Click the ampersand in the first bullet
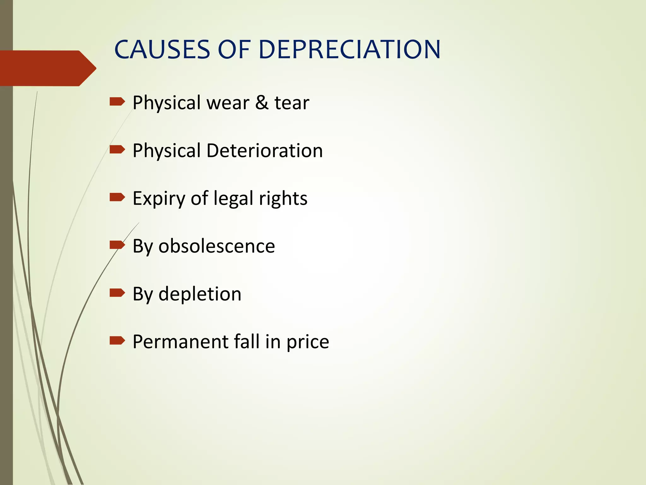[x=262, y=103]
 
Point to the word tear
[x=292, y=103]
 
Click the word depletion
[x=200, y=294]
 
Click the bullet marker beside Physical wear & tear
[x=117, y=102]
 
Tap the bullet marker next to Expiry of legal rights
[x=117, y=197]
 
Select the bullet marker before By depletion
[x=117, y=293]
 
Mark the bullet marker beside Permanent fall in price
[x=117, y=341]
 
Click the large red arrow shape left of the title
[x=47, y=68]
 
